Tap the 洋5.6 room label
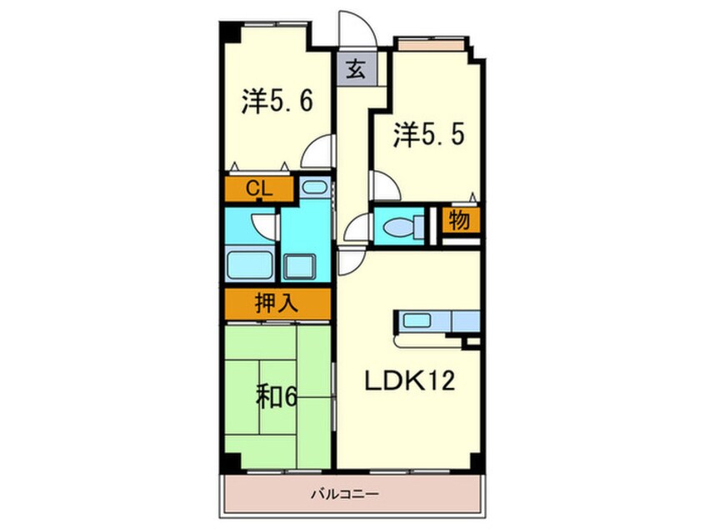[277, 102]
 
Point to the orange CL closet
[258, 190]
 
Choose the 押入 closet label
[276, 302]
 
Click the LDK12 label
[409, 382]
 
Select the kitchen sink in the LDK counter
[416, 320]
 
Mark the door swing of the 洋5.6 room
[318, 154]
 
